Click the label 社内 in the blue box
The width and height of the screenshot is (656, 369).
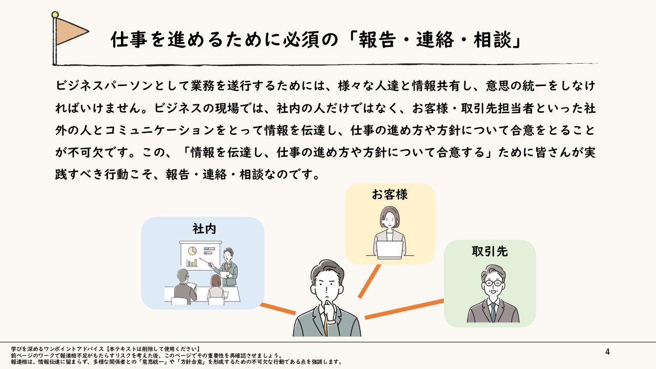[204, 229]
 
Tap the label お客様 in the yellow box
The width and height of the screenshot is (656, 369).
[389, 194]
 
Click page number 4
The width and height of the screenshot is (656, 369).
[607, 352]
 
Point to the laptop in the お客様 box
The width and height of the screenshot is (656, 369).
[390, 249]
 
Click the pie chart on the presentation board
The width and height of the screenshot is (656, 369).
[193, 251]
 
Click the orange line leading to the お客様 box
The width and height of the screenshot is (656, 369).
[370, 281]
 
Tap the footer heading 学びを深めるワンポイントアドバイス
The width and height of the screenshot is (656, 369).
[58, 348]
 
